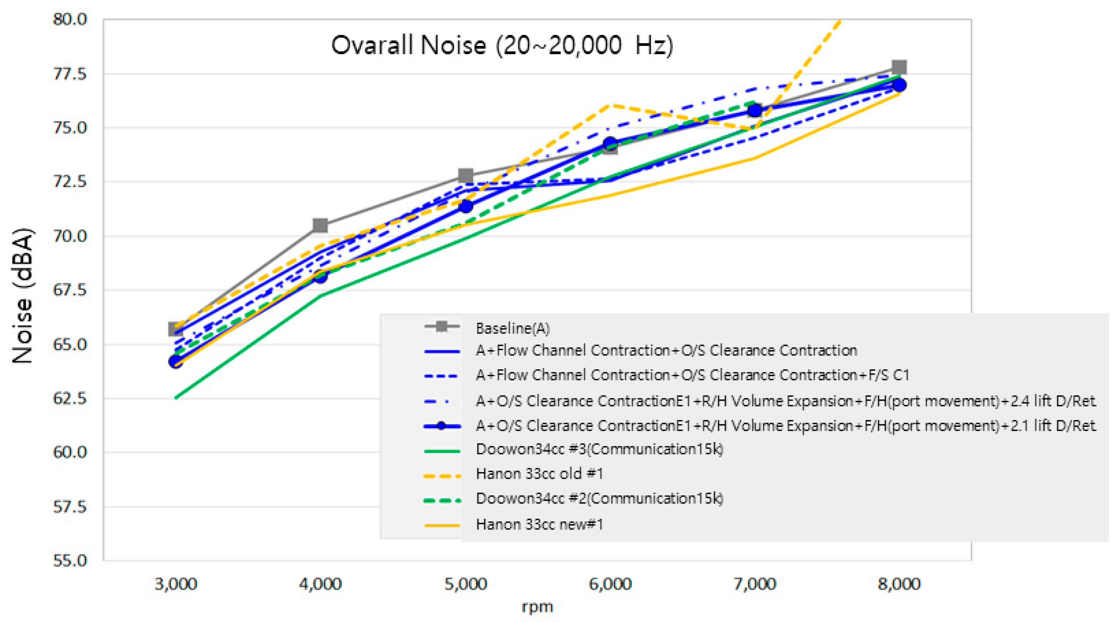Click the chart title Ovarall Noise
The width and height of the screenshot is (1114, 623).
pyautogui.click(x=502, y=45)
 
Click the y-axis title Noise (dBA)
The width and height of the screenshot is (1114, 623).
pyautogui.click(x=22, y=296)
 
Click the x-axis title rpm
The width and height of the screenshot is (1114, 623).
pyautogui.click(x=537, y=607)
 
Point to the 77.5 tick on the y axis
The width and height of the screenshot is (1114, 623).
pyautogui.click(x=70, y=74)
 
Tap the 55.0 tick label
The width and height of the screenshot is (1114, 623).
pyautogui.click(x=70, y=561)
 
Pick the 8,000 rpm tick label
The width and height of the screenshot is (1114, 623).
pyautogui.click(x=899, y=584)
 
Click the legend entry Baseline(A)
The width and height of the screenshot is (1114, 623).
pyautogui.click(x=512, y=328)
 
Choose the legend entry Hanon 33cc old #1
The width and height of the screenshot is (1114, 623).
pyautogui.click(x=539, y=474)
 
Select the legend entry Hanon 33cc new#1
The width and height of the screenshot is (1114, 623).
pyautogui.click(x=539, y=524)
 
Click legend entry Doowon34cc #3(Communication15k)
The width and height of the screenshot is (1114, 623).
pyautogui.click(x=599, y=449)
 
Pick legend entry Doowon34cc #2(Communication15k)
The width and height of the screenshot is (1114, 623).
pyautogui.click(x=599, y=498)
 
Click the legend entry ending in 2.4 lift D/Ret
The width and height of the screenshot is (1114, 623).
pyautogui.click(x=785, y=401)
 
